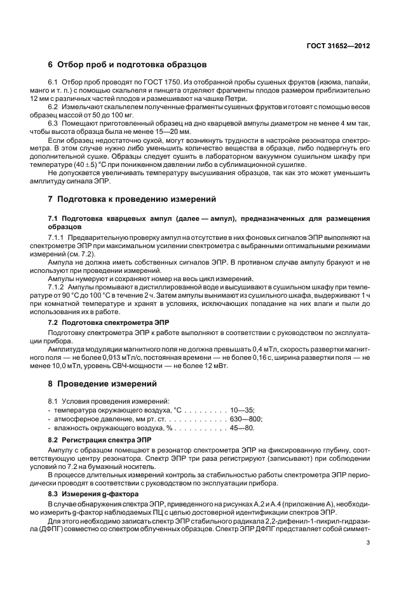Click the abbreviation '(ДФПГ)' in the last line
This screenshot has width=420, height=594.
click(x=64, y=529)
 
